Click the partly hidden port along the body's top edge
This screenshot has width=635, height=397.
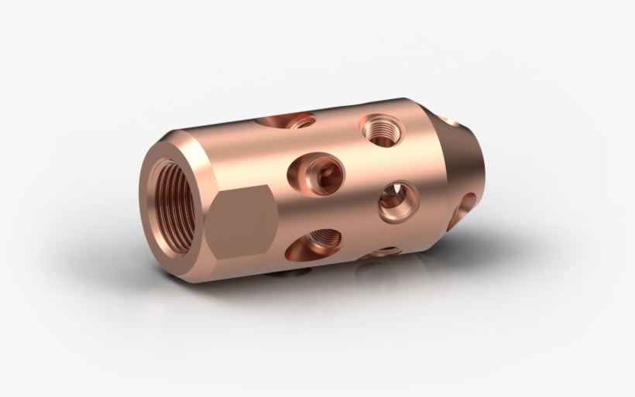coord(288,121)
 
